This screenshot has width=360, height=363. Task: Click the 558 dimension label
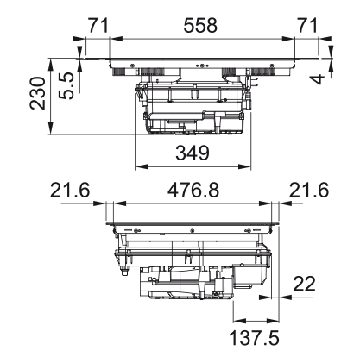point(200,25)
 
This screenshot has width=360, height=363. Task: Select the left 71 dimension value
point(98,25)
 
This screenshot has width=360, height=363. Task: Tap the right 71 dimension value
point(307,25)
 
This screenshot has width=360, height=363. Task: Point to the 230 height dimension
point(38,93)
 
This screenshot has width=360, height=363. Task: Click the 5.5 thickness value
point(66,86)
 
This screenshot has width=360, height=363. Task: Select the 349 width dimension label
point(193,153)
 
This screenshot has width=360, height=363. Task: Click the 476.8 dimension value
point(193,191)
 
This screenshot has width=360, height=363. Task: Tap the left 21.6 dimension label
point(70,191)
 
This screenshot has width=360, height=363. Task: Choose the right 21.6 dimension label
point(309,191)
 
